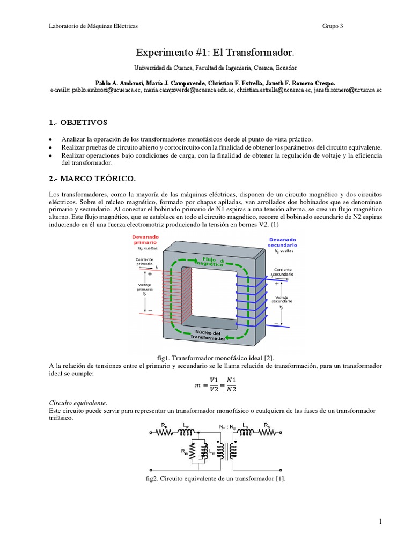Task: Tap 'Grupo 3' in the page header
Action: [x=333, y=26]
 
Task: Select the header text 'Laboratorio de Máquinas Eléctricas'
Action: [x=93, y=26]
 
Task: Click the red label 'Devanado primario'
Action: [x=141, y=239]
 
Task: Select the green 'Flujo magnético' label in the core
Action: [x=209, y=262]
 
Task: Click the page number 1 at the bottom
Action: [x=380, y=522]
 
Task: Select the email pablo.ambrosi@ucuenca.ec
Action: [x=106, y=91]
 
